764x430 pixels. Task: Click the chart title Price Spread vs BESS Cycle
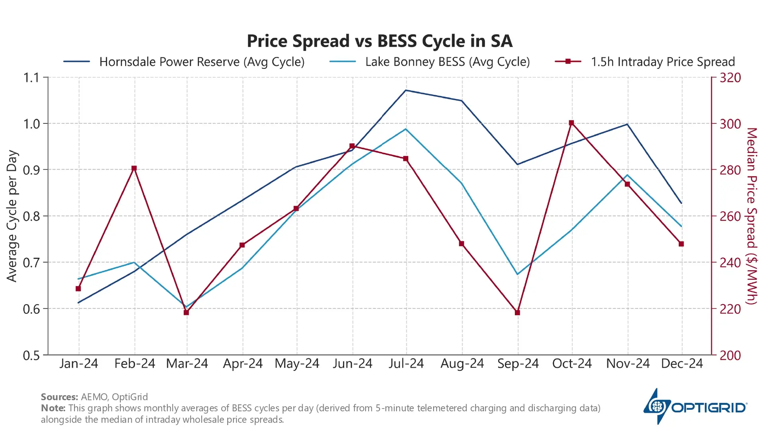tap(379, 41)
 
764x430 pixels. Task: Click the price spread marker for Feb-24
tap(134, 168)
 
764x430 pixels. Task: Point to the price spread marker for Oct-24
tap(571, 123)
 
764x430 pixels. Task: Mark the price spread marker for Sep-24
tap(517, 313)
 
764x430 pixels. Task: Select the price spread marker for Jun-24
tap(352, 146)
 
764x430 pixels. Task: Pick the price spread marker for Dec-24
tap(681, 244)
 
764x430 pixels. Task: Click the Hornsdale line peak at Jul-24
tap(405, 90)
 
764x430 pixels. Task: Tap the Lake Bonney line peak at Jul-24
tap(405, 129)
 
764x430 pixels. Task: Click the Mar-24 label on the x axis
tap(187, 364)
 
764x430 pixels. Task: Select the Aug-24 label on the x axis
tap(462, 364)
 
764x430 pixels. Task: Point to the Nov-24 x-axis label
tap(628, 364)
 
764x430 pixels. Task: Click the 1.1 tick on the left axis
tap(31, 78)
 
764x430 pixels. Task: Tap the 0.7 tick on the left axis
tap(31, 263)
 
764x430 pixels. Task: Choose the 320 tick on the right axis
tap(730, 78)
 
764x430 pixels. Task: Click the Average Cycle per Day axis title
tap(12, 216)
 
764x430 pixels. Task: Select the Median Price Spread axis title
tap(751, 216)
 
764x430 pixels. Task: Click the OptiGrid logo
tap(695, 407)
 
